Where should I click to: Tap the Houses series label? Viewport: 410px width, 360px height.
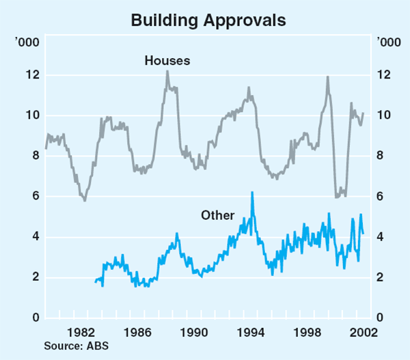click(x=167, y=61)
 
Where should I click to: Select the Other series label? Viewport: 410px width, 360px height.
click(x=217, y=215)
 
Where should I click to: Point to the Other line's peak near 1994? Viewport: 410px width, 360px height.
click(x=252, y=193)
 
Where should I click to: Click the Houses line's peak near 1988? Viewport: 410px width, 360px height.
click(x=167, y=71)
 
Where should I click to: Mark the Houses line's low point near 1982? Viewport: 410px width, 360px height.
click(x=85, y=201)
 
